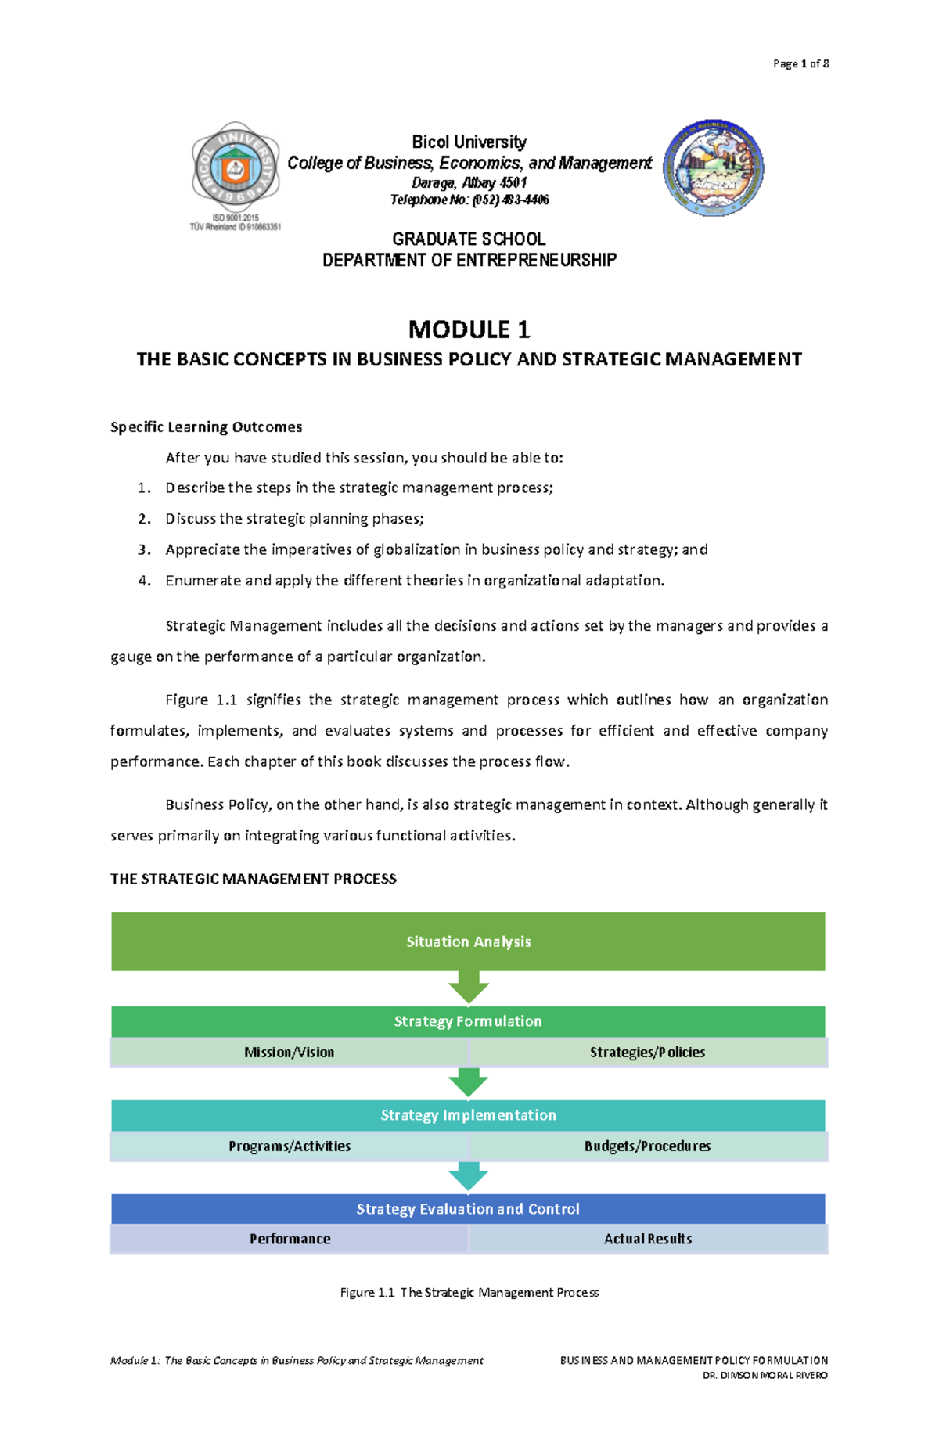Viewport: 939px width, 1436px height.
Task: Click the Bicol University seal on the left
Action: click(236, 167)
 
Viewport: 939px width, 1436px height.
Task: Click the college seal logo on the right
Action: click(714, 168)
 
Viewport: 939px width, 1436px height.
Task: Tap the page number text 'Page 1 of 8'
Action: click(800, 64)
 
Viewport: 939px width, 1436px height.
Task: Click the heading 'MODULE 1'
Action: click(469, 329)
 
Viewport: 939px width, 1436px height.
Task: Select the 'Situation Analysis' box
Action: click(468, 941)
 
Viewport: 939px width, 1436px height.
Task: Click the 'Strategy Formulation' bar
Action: click(468, 1021)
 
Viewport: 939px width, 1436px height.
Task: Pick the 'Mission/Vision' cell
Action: click(289, 1053)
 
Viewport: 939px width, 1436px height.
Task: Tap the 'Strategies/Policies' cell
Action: click(647, 1053)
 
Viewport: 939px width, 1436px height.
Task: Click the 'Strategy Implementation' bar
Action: click(468, 1115)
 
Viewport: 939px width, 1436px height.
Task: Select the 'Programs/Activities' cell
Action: click(289, 1146)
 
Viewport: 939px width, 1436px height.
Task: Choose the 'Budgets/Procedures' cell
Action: click(647, 1146)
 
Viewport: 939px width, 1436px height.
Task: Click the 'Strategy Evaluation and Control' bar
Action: click(468, 1209)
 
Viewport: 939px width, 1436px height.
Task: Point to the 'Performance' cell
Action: click(290, 1240)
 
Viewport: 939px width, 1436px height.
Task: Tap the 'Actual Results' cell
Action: click(647, 1240)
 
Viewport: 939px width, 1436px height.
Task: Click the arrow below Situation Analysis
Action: click(469, 988)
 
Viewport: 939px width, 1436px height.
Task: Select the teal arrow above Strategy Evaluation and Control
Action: click(469, 1176)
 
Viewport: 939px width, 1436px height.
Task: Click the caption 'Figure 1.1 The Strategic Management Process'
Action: click(469, 1293)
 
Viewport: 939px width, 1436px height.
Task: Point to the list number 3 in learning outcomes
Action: click(144, 550)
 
